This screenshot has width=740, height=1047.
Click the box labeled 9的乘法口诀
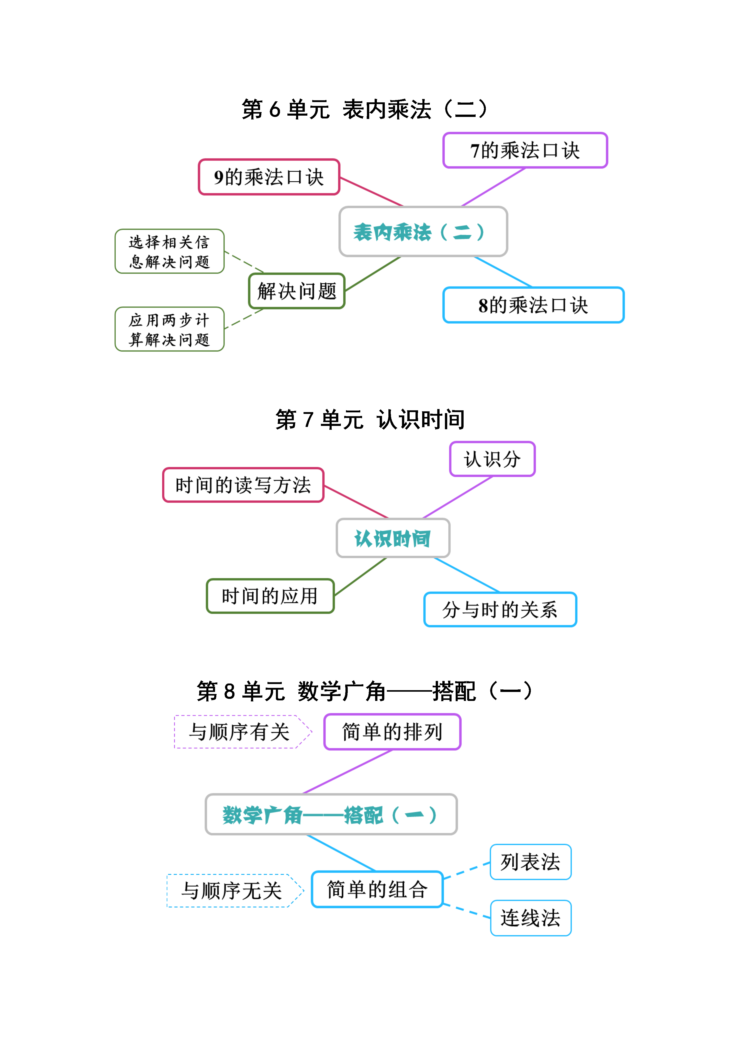coord(269,177)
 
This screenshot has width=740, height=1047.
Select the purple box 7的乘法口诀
coord(525,150)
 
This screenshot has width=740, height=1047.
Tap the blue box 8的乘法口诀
coord(533,305)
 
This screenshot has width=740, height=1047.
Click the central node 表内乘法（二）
coord(423,232)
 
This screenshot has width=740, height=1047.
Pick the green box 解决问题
coord(297,291)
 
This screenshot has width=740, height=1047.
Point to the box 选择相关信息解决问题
coord(170,251)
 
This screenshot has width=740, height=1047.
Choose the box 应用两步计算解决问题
coord(170,329)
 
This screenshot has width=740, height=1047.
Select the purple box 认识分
coord(492,459)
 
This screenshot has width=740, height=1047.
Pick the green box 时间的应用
coord(270,596)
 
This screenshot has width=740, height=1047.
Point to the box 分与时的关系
coord(500,610)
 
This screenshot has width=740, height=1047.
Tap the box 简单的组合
coord(377,889)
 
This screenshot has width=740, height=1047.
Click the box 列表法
coord(531,862)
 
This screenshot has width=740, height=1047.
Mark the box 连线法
coord(531,918)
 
